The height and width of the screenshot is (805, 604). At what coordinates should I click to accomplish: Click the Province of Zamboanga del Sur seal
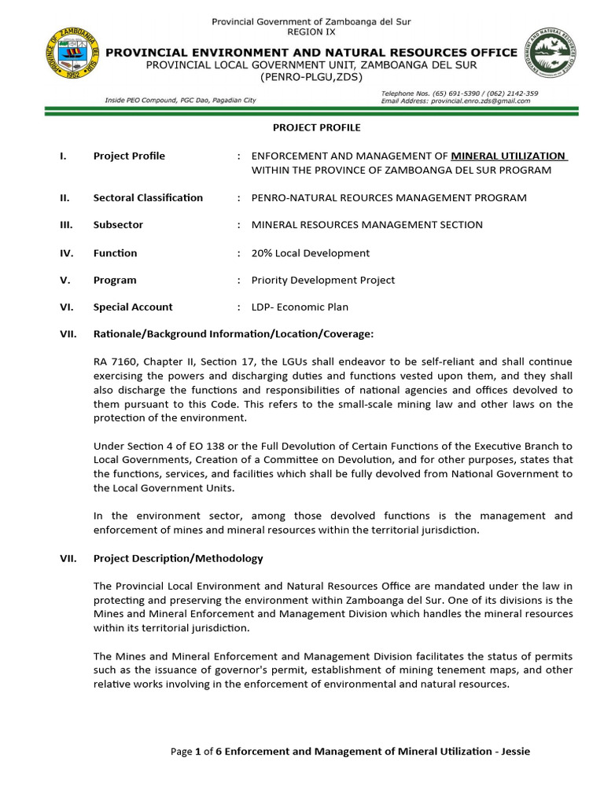pyautogui.click(x=73, y=61)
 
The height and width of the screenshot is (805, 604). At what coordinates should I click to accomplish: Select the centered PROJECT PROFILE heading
pyautogui.click(x=305, y=127)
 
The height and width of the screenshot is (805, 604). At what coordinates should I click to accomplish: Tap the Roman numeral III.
pyautogui.click(x=67, y=225)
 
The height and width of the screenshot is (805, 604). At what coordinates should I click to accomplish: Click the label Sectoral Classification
pyautogui.click(x=148, y=197)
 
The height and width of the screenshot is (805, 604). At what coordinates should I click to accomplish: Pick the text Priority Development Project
pyautogui.click(x=322, y=280)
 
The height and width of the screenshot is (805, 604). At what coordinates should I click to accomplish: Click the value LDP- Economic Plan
pyautogui.click(x=300, y=307)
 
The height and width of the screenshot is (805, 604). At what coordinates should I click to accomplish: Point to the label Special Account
pyautogui.click(x=133, y=307)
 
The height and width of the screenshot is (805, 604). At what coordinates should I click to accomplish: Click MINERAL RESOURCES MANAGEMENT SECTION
pyautogui.click(x=366, y=225)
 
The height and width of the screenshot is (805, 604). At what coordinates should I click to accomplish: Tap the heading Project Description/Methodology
pyautogui.click(x=179, y=559)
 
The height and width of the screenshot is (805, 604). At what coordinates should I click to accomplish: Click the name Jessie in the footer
pyautogui.click(x=513, y=752)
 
